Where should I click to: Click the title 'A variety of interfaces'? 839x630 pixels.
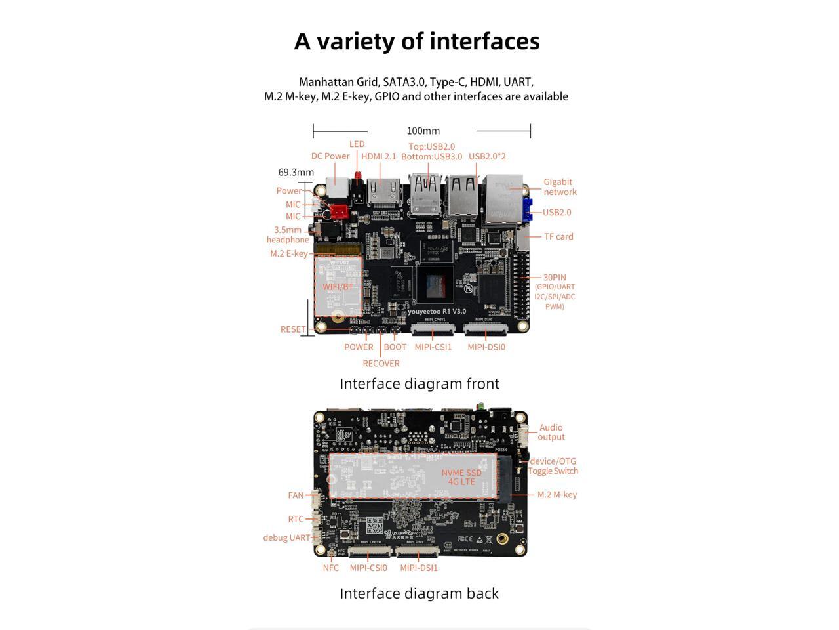click(x=417, y=41)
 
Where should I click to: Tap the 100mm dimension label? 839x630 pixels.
click(x=423, y=131)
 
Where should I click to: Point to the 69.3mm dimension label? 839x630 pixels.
click(x=296, y=172)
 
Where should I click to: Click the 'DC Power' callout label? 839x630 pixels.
click(x=330, y=156)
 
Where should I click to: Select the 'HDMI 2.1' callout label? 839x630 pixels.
click(x=378, y=156)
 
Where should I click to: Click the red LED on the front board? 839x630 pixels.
click(x=358, y=176)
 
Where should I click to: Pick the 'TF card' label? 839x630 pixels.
click(x=558, y=236)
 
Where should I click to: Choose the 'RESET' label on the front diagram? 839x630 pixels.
click(x=293, y=329)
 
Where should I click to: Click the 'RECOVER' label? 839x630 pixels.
click(x=381, y=364)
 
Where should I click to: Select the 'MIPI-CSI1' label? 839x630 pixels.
click(x=433, y=347)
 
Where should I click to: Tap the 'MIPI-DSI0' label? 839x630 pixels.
click(x=486, y=347)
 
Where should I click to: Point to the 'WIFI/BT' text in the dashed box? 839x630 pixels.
click(x=338, y=287)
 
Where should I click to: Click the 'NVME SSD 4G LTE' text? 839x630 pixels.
click(x=461, y=477)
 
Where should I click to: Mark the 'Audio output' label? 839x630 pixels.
click(x=551, y=432)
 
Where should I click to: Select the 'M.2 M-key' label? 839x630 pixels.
click(x=557, y=495)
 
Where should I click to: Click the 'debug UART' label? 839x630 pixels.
click(x=286, y=537)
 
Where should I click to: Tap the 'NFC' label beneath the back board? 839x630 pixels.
click(x=331, y=568)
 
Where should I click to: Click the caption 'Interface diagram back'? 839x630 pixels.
click(x=419, y=593)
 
